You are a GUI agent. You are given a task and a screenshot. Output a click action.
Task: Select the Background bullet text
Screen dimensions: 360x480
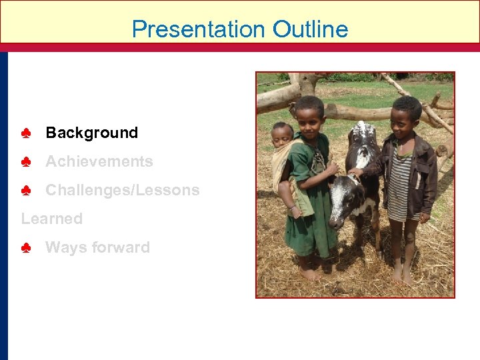(91, 133)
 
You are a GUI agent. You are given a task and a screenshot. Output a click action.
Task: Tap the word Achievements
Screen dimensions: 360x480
(99, 161)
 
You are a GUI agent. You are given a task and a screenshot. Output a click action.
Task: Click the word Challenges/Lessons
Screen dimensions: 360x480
(122, 190)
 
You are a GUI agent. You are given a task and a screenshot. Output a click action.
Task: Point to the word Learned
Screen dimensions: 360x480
(52, 219)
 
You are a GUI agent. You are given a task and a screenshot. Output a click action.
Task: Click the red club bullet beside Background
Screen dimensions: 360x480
(26, 133)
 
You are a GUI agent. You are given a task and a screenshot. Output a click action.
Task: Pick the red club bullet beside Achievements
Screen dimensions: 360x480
(26, 162)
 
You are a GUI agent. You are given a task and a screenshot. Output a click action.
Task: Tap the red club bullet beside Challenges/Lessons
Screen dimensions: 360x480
(26, 191)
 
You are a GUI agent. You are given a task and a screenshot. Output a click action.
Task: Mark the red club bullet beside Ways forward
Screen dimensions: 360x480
(26, 248)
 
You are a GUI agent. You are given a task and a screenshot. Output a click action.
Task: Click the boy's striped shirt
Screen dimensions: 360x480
(400, 183)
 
